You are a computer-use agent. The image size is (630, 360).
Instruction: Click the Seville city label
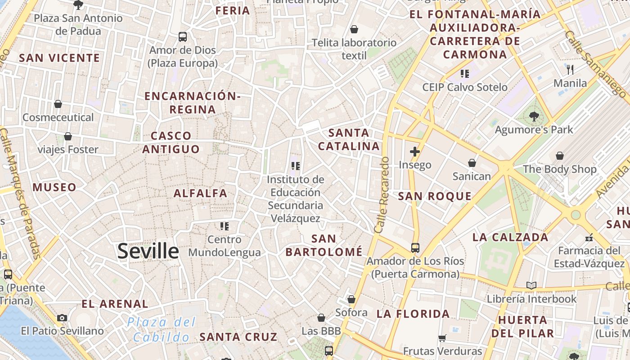tap(148, 251)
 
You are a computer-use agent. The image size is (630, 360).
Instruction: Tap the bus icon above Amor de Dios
tap(183, 37)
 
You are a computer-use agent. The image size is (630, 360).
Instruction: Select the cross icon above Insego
tap(415, 152)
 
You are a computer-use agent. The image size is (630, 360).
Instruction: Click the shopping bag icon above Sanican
tap(472, 162)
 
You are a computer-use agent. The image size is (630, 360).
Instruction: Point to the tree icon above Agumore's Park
tap(534, 117)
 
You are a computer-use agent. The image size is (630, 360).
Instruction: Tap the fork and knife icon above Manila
tap(570, 69)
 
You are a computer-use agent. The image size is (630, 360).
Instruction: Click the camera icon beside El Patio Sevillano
tap(62, 318)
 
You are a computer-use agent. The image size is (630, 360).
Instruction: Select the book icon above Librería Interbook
tap(531, 285)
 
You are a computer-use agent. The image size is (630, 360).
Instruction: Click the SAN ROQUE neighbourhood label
tap(435, 196)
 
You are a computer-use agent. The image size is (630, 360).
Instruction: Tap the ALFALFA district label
tap(200, 193)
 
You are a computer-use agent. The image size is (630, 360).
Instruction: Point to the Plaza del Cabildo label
tap(161, 329)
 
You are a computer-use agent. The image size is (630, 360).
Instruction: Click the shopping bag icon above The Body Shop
tap(560, 156)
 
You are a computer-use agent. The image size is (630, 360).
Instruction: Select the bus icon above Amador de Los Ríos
tap(415, 247)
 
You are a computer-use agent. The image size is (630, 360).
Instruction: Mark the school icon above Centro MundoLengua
tap(225, 226)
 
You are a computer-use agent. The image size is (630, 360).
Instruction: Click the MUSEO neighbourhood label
tap(54, 187)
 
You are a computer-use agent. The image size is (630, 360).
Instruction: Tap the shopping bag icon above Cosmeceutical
tap(58, 104)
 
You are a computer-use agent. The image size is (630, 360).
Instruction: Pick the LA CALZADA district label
tap(510, 237)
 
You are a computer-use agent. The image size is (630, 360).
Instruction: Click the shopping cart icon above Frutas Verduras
tap(442, 337)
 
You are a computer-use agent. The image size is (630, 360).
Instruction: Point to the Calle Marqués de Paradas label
tap(21, 193)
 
